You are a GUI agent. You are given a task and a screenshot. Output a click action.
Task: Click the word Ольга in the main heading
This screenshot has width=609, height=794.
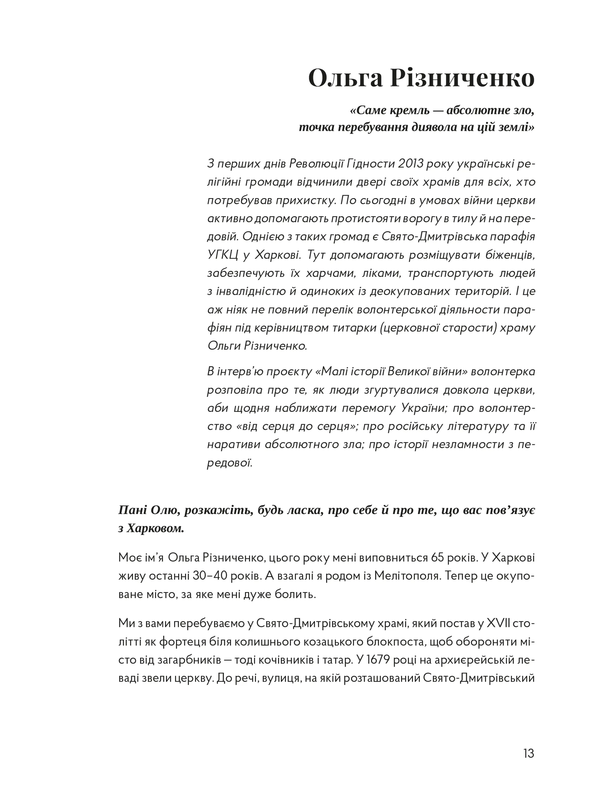345,78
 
